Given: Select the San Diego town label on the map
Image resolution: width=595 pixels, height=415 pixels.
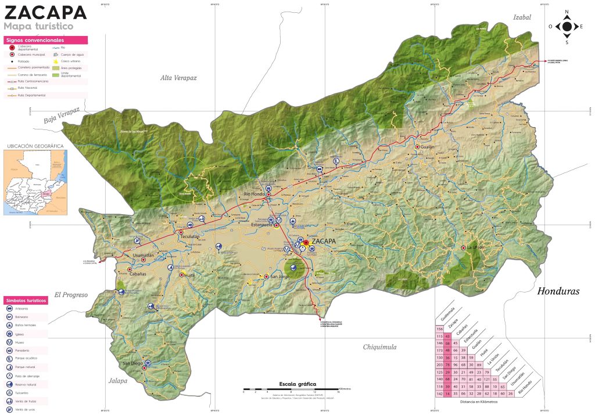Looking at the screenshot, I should tap(133, 364).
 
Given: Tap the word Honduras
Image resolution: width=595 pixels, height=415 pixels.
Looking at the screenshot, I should tap(558, 291).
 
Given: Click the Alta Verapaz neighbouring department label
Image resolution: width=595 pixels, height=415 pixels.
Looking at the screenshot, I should tap(179, 77).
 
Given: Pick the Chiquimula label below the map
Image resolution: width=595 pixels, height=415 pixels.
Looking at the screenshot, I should tap(379, 347).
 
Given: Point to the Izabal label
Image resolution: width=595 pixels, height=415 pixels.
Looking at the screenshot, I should tap(522, 17).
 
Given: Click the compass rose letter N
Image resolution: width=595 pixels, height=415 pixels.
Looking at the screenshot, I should tap(567, 12).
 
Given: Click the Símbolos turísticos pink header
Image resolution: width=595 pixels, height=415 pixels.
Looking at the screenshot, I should tap(26, 301).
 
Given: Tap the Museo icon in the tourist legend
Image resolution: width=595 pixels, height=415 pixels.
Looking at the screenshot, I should tap(10, 342).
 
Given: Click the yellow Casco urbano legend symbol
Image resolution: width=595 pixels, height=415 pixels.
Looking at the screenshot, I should tap(56, 61).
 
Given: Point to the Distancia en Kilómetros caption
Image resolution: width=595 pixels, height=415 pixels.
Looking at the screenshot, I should tap(479, 401).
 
